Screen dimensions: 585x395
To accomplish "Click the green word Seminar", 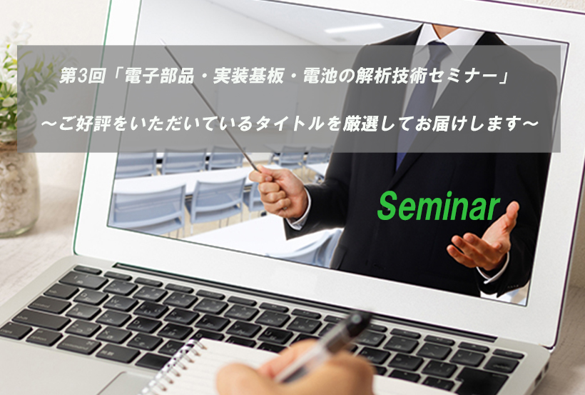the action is (x=438, y=206).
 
